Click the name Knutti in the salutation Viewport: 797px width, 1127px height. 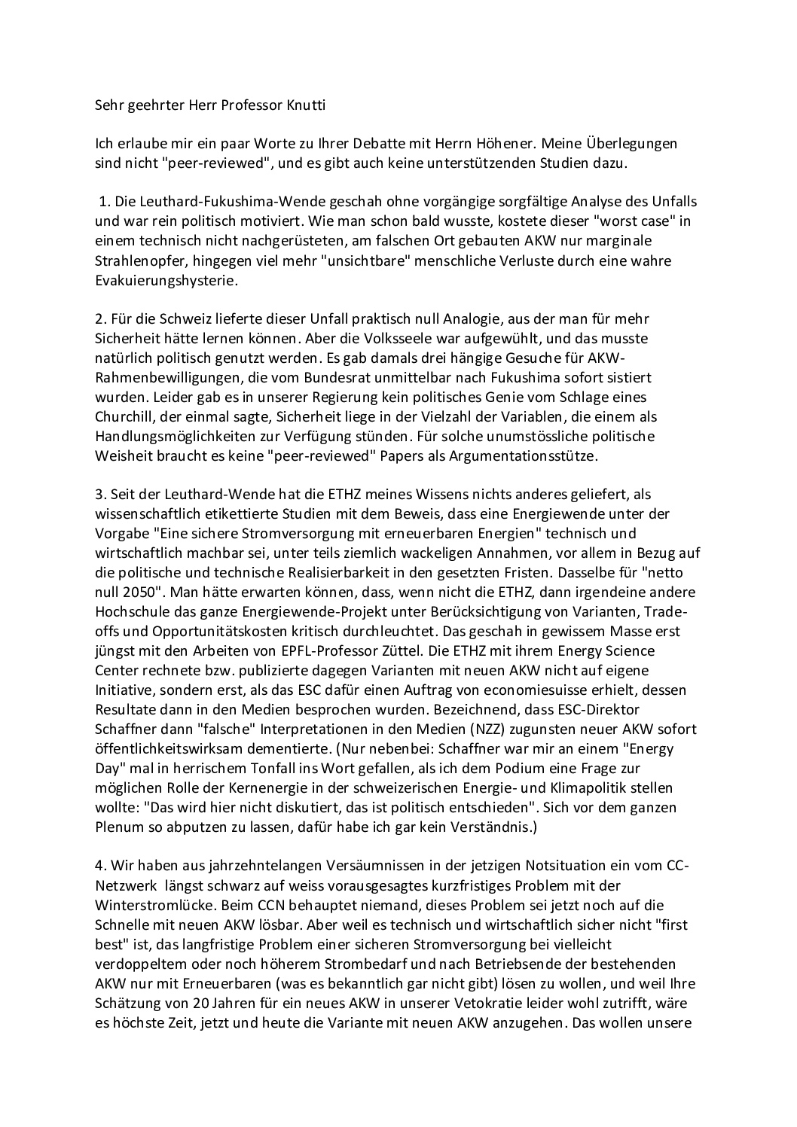point(304,105)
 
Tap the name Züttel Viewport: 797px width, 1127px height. point(475,631)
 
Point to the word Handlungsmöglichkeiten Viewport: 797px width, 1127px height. point(175,436)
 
